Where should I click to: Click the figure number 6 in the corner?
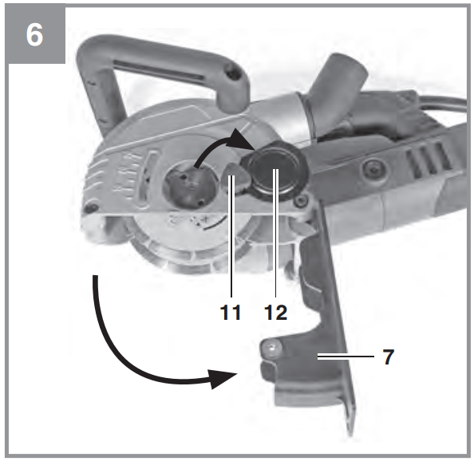pyautogui.click(x=34, y=35)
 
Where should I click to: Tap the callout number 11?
pyautogui.click(x=231, y=312)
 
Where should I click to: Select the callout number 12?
pyautogui.click(x=275, y=312)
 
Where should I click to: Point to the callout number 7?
pyautogui.click(x=389, y=357)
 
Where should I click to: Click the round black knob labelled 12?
pyautogui.click(x=274, y=174)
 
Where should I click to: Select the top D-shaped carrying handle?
pyautogui.click(x=157, y=73)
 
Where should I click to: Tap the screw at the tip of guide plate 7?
pyautogui.click(x=271, y=348)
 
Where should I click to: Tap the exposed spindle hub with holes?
pyautogui.click(x=188, y=187)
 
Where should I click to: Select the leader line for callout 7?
pyautogui.click(x=346, y=357)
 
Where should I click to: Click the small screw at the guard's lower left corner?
pyautogui.click(x=91, y=208)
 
